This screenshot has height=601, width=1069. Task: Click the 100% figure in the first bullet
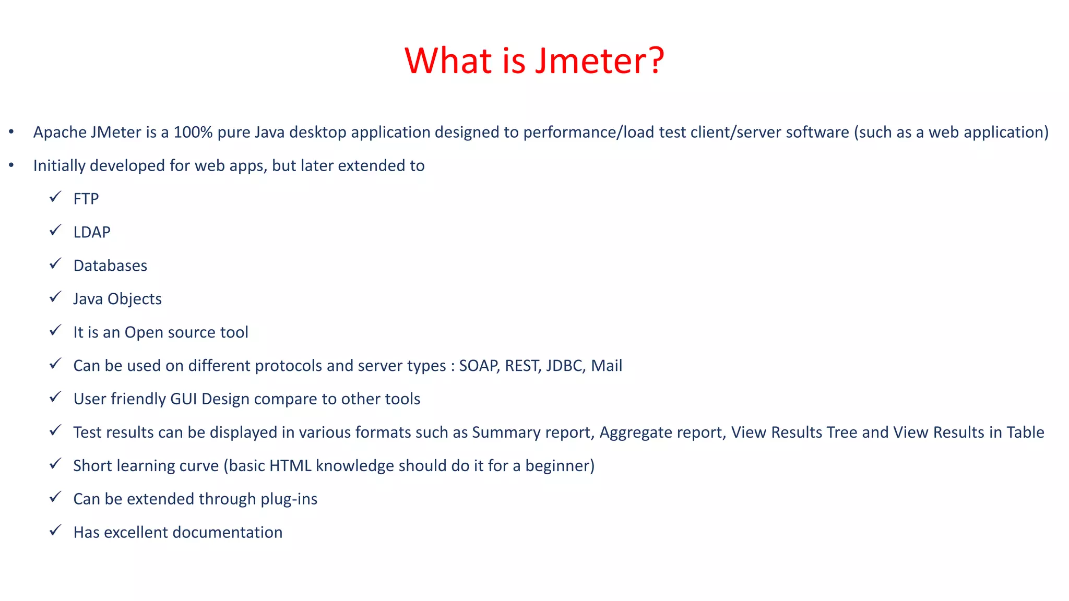coord(193,132)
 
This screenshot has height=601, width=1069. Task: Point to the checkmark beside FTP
coord(55,197)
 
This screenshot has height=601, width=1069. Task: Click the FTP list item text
coord(86,199)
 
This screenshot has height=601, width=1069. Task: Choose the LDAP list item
coord(92,232)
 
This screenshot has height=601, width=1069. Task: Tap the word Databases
coord(110,266)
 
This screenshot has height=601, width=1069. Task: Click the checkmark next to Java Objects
coord(55,297)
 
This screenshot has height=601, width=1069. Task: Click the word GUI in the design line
coord(183,399)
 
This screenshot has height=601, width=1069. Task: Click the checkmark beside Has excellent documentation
coord(55,531)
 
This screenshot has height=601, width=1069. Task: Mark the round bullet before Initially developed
coord(11,165)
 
